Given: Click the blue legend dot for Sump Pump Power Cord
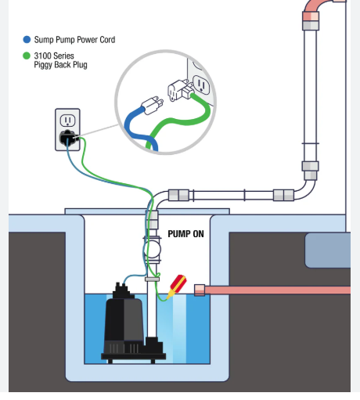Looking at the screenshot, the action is (27, 39).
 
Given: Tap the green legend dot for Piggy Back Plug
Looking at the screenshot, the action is (27, 56).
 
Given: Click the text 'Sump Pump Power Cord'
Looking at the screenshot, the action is (74, 40).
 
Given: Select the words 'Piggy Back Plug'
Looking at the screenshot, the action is (60, 65).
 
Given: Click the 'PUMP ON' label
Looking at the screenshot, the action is (185, 234).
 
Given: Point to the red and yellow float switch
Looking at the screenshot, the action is (177, 286).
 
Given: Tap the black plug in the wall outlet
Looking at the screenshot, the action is (68, 138).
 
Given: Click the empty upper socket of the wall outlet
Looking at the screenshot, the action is (67, 121).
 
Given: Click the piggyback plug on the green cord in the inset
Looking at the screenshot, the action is (181, 90).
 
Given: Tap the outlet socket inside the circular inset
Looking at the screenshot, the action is (202, 85).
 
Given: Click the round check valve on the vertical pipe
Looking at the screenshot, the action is (152, 249).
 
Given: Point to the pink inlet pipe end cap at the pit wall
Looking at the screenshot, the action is (200, 290).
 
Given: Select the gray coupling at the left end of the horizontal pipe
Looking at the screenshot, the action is (178, 195).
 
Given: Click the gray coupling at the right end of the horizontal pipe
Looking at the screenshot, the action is (283, 195).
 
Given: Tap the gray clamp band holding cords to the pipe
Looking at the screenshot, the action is (152, 279).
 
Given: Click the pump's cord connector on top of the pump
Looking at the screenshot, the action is (121, 290).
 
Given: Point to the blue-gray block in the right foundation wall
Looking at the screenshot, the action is (328, 250).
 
